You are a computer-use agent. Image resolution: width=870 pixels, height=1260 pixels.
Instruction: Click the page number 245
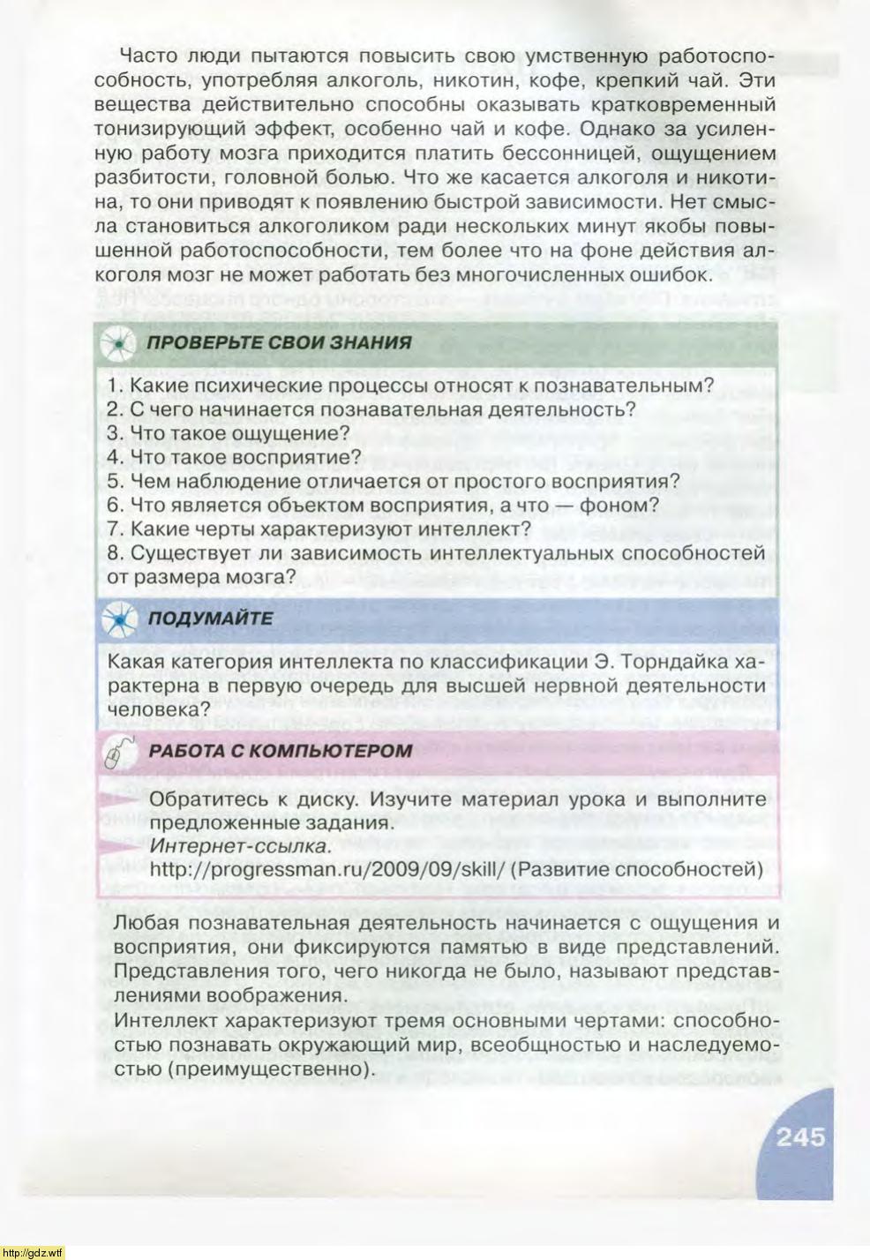(x=800, y=1136)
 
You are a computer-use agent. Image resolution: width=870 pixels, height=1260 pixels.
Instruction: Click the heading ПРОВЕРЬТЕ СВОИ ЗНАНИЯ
(x=279, y=342)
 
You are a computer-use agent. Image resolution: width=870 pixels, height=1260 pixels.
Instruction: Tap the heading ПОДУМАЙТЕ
(x=210, y=618)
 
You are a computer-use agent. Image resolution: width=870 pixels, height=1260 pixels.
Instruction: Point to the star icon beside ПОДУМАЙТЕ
(x=117, y=619)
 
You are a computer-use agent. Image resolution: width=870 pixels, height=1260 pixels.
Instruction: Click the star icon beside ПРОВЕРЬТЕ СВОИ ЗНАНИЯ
(x=117, y=343)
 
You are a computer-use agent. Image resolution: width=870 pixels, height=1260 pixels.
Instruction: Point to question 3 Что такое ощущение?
(x=229, y=433)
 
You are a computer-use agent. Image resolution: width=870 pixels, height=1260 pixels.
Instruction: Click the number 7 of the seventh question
(x=112, y=529)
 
